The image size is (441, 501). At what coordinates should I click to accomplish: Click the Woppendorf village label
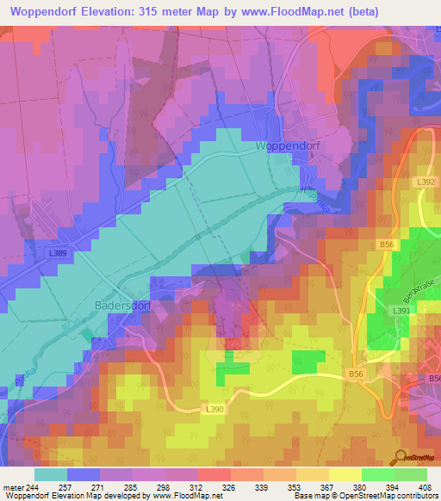pos(288,146)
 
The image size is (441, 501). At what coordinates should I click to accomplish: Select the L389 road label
pos(59,253)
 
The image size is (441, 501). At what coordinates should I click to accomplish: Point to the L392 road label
pos(426,182)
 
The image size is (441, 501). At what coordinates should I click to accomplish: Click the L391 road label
pos(400,311)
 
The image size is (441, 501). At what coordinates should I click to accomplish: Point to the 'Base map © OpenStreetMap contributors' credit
pos(364,497)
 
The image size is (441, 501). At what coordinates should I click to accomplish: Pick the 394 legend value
pos(392,486)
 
